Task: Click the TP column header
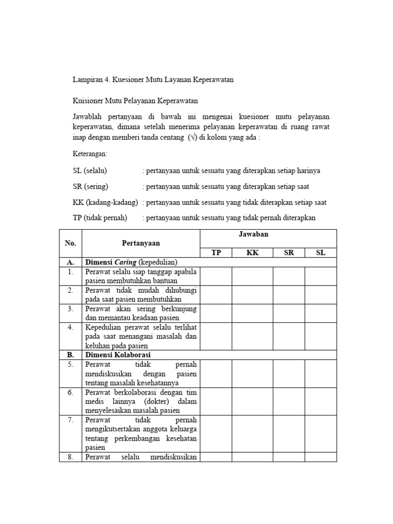[x=215, y=253]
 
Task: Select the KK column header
[x=252, y=253]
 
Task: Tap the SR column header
[x=289, y=253]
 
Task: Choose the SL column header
[x=320, y=253]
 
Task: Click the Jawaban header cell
[x=268, y=234]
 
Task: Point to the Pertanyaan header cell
[x=141, y=244]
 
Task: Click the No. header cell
[x=71, y=244]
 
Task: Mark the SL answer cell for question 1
[x=320, y=276]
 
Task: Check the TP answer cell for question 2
[x=215, y=295]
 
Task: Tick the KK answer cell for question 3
[x=252, y=313]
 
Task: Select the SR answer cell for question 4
[x=289, y=336]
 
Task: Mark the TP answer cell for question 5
[x=215, y=373]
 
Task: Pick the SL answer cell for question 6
[x=320, y=401]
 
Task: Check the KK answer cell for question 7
[x=252, y=433]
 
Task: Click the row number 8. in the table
[x=71, y=457]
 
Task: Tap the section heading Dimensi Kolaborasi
[x=118, y=355]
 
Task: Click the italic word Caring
[x=126, y=262]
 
